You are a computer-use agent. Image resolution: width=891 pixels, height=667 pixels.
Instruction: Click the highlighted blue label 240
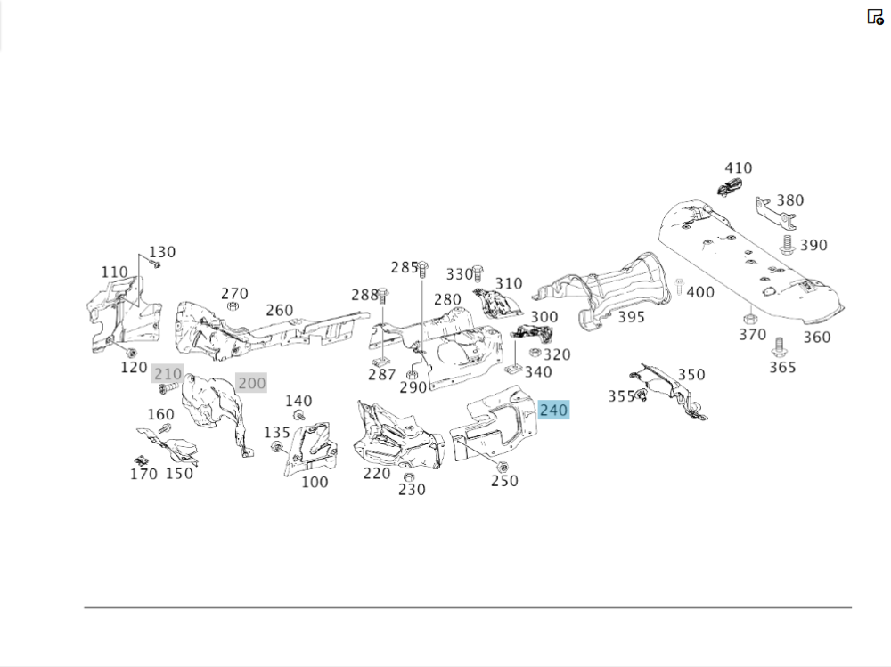553,411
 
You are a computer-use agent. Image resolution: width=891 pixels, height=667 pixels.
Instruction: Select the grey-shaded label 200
251,384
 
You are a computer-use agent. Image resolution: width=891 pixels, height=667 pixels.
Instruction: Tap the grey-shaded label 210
167,373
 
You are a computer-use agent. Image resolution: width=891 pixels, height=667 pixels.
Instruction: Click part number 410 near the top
738,167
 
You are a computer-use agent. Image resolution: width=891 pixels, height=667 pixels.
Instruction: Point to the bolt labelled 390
788,243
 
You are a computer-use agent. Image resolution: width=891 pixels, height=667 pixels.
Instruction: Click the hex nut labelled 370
749,317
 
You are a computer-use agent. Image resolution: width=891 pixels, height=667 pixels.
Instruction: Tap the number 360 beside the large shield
816,337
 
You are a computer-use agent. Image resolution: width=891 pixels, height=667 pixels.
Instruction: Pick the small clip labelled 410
730,185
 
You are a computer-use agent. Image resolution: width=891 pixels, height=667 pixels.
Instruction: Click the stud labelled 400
679,287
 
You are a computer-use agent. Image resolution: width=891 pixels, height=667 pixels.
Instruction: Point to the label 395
631,317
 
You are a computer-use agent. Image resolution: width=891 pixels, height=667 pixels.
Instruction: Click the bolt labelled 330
478,271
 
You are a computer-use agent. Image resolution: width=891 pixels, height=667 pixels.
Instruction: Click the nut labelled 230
408,476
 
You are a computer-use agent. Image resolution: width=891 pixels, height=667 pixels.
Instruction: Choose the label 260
279,310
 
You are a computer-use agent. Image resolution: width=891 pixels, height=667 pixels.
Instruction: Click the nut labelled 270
233,306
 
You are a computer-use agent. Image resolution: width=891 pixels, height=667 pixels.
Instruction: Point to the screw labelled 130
155,264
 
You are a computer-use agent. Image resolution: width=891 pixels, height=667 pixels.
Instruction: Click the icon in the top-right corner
875,16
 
